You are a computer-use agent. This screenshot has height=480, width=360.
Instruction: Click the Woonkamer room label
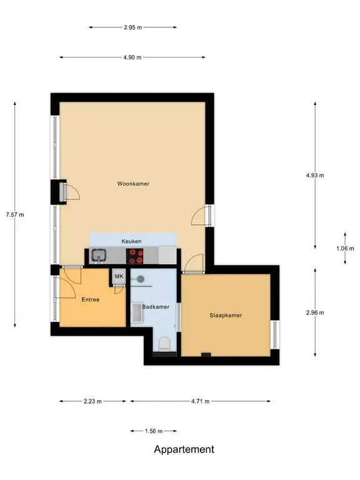click(133, 184)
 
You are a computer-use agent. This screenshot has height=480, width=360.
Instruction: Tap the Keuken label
click(131, 241)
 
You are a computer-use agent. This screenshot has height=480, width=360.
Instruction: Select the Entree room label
click(91, 300)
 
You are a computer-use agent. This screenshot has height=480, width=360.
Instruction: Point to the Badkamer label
click(156, 307)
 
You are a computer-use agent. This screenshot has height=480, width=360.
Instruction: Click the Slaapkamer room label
click(226, 315)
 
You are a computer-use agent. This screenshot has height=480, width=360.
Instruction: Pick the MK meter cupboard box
click(119, 276)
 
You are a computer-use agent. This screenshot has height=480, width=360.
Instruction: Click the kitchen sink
click(98, 256)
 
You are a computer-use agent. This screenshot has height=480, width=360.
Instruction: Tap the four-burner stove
click(135, 256)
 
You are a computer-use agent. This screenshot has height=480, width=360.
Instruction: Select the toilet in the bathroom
click(165, 344)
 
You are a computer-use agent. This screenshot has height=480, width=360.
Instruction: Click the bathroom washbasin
click(137, 312)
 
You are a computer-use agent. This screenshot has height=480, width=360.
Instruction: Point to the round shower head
click(141, 279)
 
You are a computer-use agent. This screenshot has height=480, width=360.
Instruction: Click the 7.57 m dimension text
click(15, 214)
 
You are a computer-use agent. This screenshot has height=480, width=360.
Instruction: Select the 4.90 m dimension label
click(132, 57)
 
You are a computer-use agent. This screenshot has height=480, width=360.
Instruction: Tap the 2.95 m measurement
click(133, 27)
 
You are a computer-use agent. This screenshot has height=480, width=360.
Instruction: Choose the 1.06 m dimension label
click(345, 248)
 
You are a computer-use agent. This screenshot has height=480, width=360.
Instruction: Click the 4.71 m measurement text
click(201, 401)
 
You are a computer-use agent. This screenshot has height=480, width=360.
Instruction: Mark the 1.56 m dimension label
click(154, 431)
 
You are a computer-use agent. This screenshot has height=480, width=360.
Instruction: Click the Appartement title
click(184, 449)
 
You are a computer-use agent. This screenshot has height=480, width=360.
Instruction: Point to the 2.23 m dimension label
click(92, 401)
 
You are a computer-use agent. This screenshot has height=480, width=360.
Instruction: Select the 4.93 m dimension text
click(315, 176)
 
